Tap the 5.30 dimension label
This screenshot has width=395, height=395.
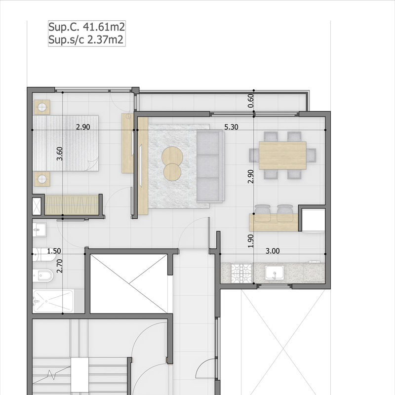pyautogui.click(x=231, y=127)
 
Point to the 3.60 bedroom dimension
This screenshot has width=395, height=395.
pyautogui.click(x=60, y=155)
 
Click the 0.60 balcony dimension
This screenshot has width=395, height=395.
pyautogui.click(x=251, y=101)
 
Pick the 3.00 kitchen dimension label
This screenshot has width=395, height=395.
pyautogui.click(x=272, y=251)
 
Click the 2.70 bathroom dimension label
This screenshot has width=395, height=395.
pyautogui.click(x=60, y=266)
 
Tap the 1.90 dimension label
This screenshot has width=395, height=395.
pyautogui.click(x=251, y=240)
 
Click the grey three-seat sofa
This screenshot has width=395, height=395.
pyautogui.click(x=210, y=166)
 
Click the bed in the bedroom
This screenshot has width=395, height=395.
pyautogui.click(x=66, y=143)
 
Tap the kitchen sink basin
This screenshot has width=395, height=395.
pyautogui.click(x=274, y=273)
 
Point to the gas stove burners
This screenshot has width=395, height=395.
pyautogui.click(x=242, y=273)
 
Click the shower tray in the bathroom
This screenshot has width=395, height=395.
pyautogui.click(x=53, y=301)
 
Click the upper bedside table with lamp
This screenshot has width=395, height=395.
pyautogui.click(x=42, y=107)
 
